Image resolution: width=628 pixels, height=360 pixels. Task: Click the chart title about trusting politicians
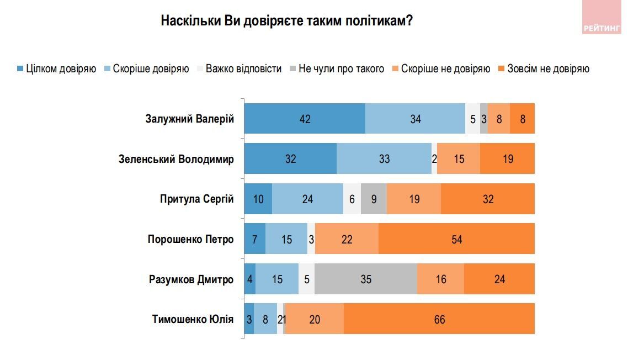[x=287, y=21]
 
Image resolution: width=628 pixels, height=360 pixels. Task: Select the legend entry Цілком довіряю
[x=57, y=69]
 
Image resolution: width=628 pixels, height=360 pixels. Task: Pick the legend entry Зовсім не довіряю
[x=544, y=69]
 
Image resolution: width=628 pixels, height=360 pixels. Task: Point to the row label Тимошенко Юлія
[x=193, y=319]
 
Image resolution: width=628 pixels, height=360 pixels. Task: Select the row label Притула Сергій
[x=196, y=199]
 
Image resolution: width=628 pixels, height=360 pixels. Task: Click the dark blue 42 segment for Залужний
[x=305, y=119]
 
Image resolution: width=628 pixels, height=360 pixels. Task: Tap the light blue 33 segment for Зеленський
[x=384, y=159]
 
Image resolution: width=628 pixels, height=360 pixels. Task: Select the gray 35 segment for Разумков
[x=366, y=279]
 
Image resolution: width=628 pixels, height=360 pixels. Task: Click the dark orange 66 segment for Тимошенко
[x=439, y=319]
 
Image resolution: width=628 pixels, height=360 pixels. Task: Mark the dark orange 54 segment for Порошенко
[x=456, y=239]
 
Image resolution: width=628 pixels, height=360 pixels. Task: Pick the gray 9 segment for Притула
[x=374, y=199]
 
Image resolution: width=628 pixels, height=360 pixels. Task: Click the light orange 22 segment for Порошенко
[x=347, y=239]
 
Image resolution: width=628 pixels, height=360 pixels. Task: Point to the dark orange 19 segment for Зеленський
[x=508, y=159]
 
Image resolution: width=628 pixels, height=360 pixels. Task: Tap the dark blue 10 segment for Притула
[x=258, y=199]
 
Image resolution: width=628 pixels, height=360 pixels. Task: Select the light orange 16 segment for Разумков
[x=440, y=279]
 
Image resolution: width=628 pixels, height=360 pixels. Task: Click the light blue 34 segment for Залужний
[x=415, y=119]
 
